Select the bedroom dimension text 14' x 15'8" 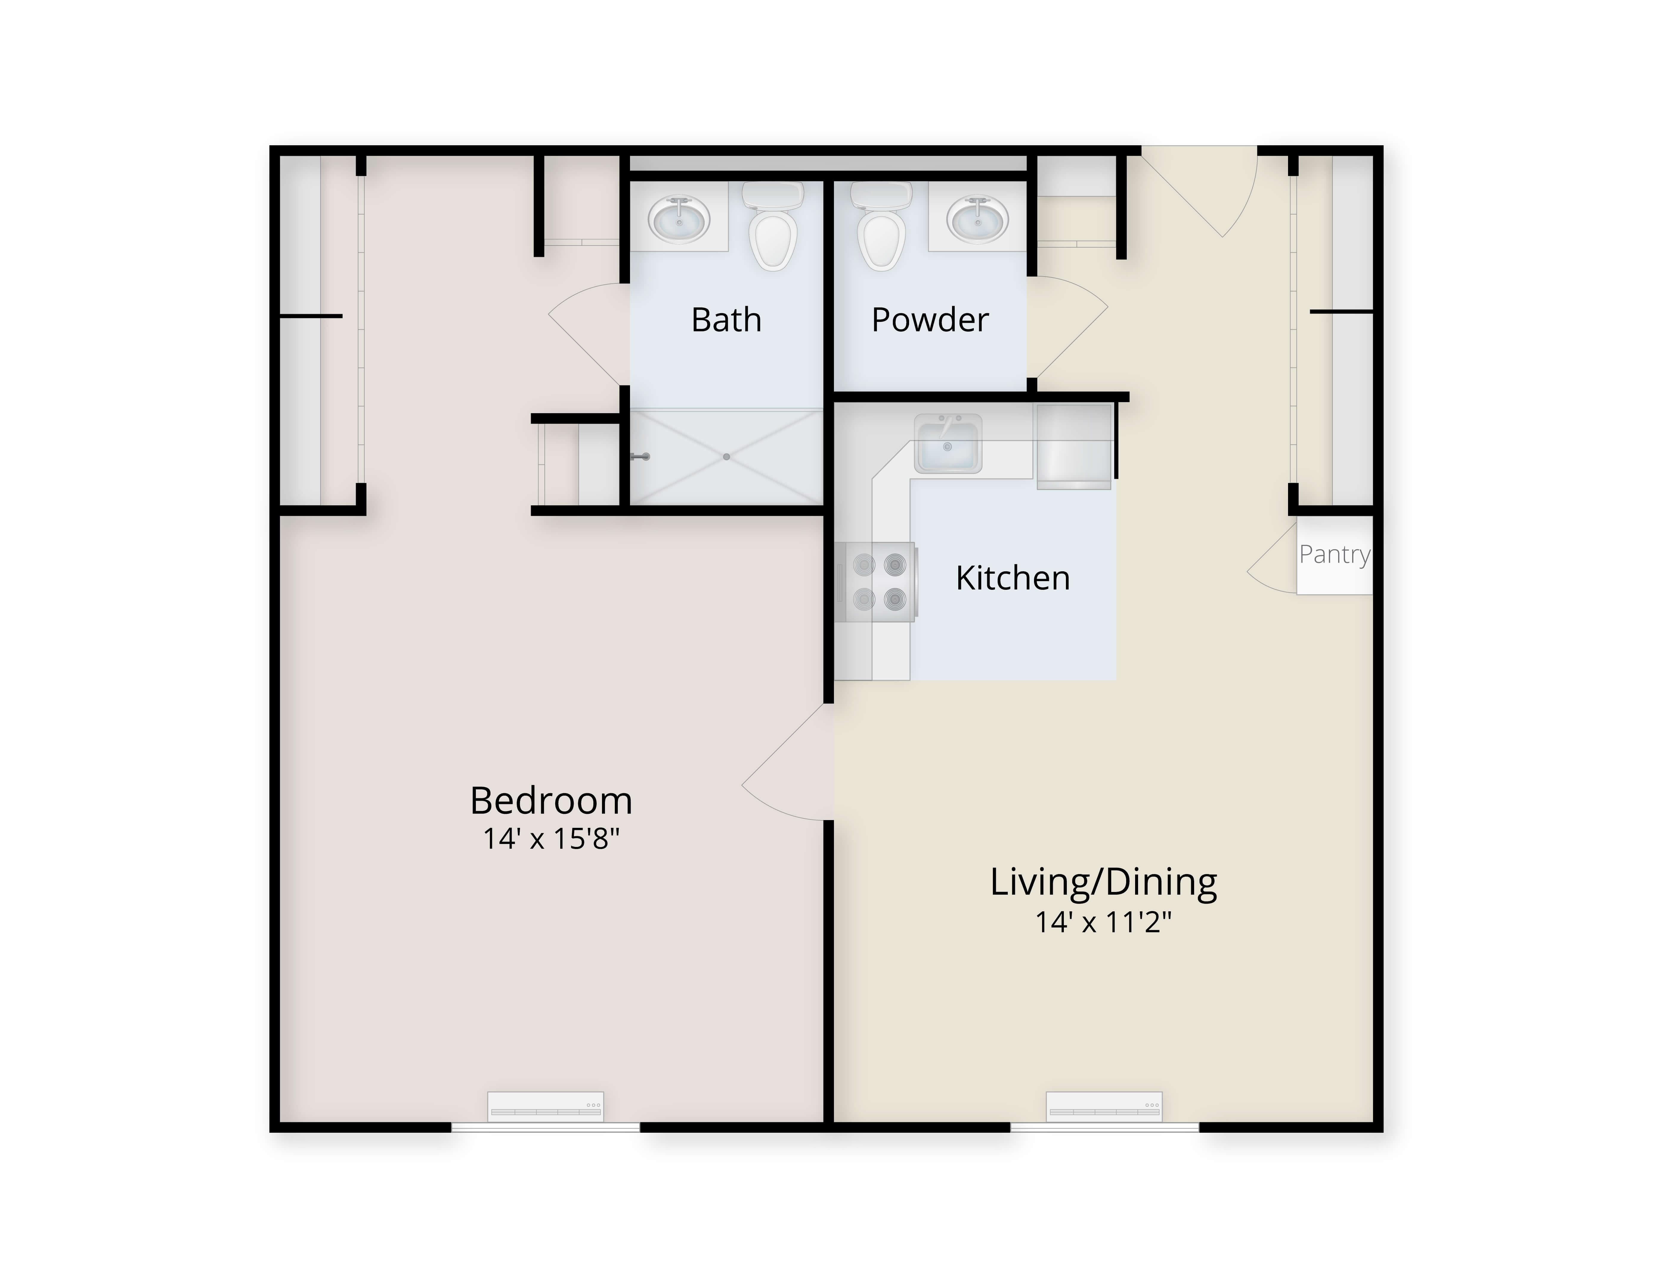click(x=551, y=839)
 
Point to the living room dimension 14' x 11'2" click(x=1103, y=922)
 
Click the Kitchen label click(x=1013, y=578)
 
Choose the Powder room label click(x=929, y=319)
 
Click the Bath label click(x=726, y=319)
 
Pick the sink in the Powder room click(x=978, y=220)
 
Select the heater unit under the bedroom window click(x=545, y=1107)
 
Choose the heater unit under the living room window click(x=1104, y=1107)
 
